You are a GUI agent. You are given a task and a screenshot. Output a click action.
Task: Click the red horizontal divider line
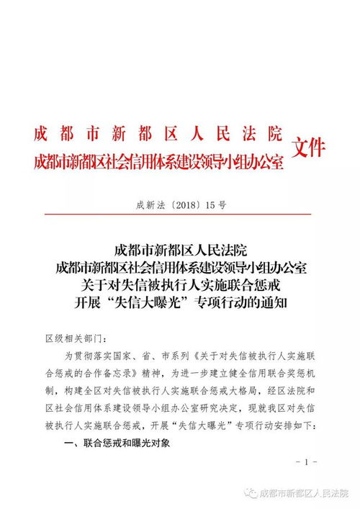click(x=179, y=214)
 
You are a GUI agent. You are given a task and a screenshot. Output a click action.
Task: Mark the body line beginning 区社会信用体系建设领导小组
click(x=180, y=409)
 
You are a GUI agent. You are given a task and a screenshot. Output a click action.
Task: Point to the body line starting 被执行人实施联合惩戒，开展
click(x=180, y=426)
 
